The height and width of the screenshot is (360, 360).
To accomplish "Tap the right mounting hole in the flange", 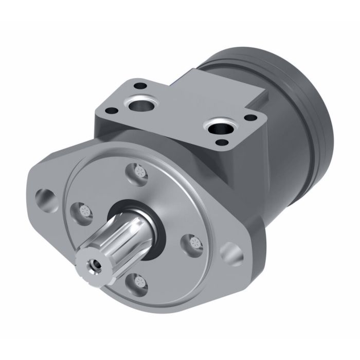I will pos(229,254).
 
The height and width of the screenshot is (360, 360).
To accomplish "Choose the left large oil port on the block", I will pos(139,105).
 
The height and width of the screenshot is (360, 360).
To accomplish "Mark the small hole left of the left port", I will pos(110,110).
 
